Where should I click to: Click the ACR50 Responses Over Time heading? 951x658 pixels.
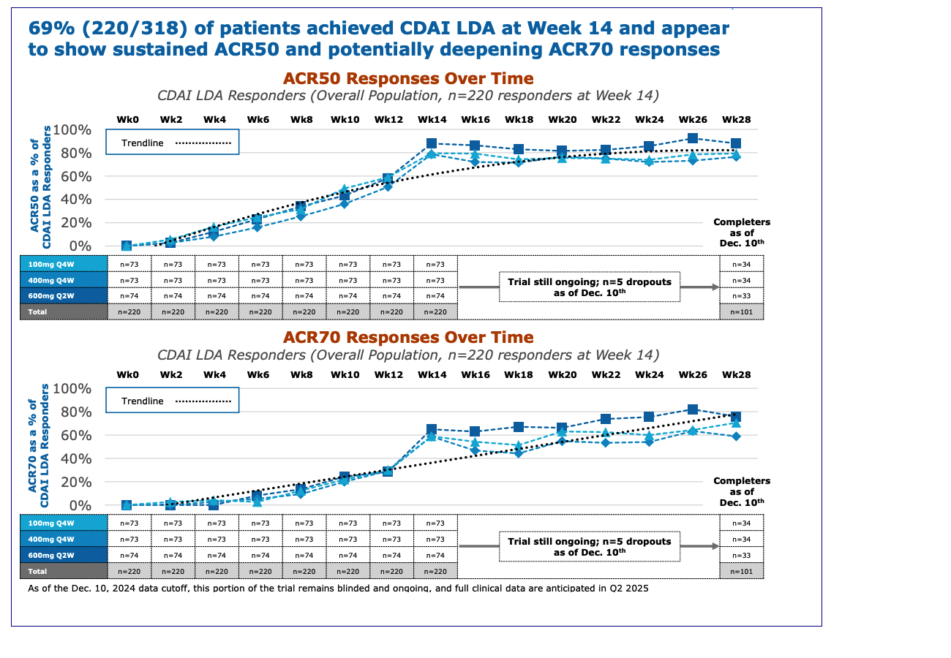[408, 78]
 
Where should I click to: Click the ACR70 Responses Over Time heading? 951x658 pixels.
[408, 337]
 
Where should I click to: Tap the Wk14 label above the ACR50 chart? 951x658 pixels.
[432, 119]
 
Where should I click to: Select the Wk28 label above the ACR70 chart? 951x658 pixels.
[735, 375]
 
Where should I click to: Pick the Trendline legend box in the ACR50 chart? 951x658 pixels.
[172, 142]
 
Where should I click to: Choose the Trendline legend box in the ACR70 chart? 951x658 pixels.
[172, 401]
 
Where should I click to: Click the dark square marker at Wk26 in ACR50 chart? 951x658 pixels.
[693, 138]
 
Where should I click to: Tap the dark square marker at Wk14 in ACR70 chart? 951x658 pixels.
[432, 430]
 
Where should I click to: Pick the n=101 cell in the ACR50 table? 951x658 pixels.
[741, 311]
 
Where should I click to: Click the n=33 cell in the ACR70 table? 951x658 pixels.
[741, 555]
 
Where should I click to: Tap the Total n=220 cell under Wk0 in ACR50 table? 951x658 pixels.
[129, 311]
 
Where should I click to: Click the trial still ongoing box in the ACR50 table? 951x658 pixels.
[589, 287]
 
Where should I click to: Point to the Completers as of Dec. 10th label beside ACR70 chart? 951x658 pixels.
[741, 491]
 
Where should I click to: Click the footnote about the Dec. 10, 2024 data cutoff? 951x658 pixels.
[337, 588]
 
